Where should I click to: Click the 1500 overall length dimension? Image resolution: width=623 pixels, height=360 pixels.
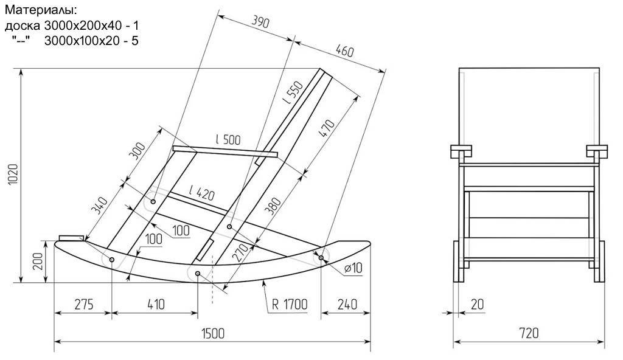point(213,333)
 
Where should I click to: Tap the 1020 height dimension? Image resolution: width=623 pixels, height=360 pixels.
point(13,174)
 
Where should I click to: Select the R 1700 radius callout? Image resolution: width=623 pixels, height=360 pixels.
point(290,305)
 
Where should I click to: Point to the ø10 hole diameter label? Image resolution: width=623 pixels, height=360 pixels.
point(353,268)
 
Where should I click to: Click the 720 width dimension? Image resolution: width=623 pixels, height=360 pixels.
point(529,333)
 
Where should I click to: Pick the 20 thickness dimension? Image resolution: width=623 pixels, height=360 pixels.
point(477,305)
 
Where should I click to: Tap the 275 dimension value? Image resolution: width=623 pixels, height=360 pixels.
point(84,305)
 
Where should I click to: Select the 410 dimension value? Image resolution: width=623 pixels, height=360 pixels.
point(156,305)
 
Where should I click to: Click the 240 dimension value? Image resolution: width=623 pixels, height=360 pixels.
point(347,305)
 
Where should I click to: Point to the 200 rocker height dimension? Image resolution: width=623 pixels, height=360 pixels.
point(38,261)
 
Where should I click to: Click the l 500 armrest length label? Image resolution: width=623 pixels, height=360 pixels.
point(228,139)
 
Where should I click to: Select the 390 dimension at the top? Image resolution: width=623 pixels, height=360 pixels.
point(260,22)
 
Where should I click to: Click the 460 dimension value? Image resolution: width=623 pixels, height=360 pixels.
point(344,51)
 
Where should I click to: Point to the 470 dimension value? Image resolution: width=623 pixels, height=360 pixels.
point(327,129)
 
